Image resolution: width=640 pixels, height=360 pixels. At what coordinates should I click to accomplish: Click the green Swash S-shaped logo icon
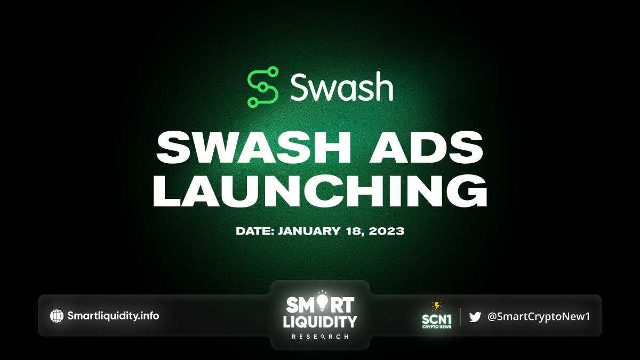263,87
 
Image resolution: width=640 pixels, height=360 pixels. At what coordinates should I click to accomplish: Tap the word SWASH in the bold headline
253,147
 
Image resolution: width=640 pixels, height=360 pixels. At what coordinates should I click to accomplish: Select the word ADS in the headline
426,147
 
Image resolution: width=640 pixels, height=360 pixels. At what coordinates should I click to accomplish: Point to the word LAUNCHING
320,190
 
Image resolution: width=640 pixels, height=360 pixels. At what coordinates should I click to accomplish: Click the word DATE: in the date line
255,231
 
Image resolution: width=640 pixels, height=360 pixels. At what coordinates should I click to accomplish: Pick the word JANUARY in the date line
309,231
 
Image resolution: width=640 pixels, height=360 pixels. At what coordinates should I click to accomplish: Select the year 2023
387,231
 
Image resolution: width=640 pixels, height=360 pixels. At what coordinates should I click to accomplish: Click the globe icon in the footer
57,316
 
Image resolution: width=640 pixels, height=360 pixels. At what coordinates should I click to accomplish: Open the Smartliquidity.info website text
113,316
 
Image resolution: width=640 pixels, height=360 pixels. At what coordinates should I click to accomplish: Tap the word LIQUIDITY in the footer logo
320,322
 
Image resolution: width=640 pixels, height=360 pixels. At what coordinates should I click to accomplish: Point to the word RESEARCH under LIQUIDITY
320,337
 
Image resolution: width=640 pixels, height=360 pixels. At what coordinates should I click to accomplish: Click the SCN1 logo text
437,319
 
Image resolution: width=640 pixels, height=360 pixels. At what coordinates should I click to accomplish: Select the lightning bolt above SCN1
437,306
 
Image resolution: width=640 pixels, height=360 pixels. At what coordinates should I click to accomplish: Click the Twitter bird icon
475,317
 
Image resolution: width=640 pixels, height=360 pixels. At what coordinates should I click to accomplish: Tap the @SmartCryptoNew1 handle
539,317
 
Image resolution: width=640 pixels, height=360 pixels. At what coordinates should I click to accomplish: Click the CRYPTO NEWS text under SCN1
437,327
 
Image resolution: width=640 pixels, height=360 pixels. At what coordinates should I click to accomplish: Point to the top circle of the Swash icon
273,71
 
